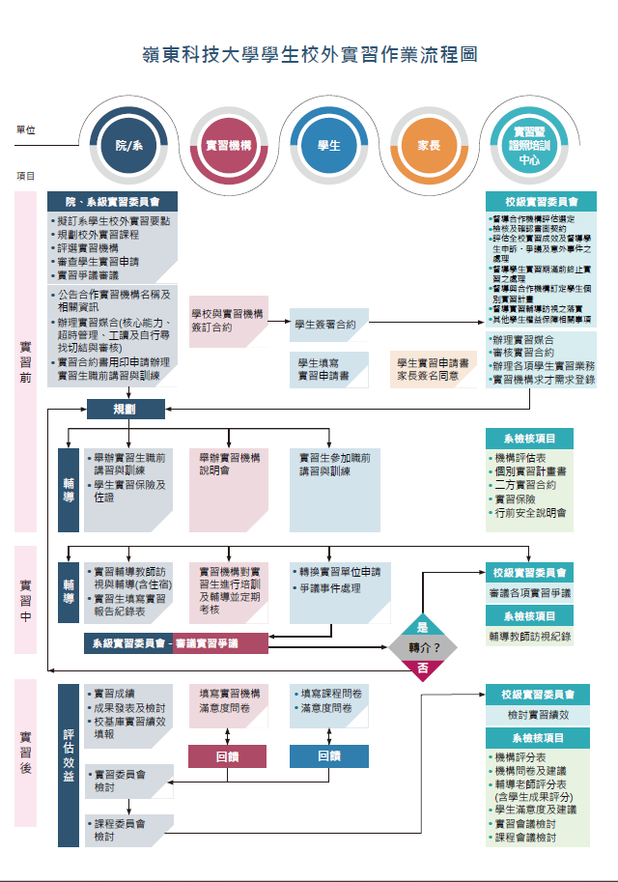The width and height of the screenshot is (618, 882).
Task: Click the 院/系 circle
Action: pyautogui.click(x=128, y=145)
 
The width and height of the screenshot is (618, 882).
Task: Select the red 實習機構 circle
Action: pyautogui.click(x=229, y=145)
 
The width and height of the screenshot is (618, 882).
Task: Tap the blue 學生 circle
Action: pyautogui.click(x=328, y=145)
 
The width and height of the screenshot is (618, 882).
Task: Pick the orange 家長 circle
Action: pyautogui.click(x=429, y=145)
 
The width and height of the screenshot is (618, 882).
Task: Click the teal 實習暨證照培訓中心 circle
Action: pyautogui.click(x=529, y=145)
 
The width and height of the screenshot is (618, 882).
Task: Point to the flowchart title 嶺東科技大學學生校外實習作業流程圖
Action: pyautogui.click(x=309, y=55)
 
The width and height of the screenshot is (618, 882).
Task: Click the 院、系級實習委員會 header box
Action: pyautogui.click(x=112, y=201)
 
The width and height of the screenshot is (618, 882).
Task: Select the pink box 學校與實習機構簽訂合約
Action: pyautogui.click(x=226, y=321)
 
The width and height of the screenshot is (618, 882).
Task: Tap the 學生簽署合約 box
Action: pyautogui.click(x=325, y=325)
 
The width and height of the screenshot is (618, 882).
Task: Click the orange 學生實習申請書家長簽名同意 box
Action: pyautogui.click(x=434, y=369)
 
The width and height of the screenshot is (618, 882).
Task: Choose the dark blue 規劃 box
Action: pyautogui.click(x=125, y=409)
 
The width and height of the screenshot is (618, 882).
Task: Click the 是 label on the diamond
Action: pyautogui.click(x=422, y=626)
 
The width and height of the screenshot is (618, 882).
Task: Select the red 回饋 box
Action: pyautogui.click(x=227, y=756)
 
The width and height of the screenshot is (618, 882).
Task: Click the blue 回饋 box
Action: pyautogui.click(x=329, y=756)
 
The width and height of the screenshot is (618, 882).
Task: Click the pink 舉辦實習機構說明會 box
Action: pyautogui.click(x=229, y=464)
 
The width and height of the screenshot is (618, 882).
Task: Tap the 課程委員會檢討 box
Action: pyautogui.click(x=122, y=831)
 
